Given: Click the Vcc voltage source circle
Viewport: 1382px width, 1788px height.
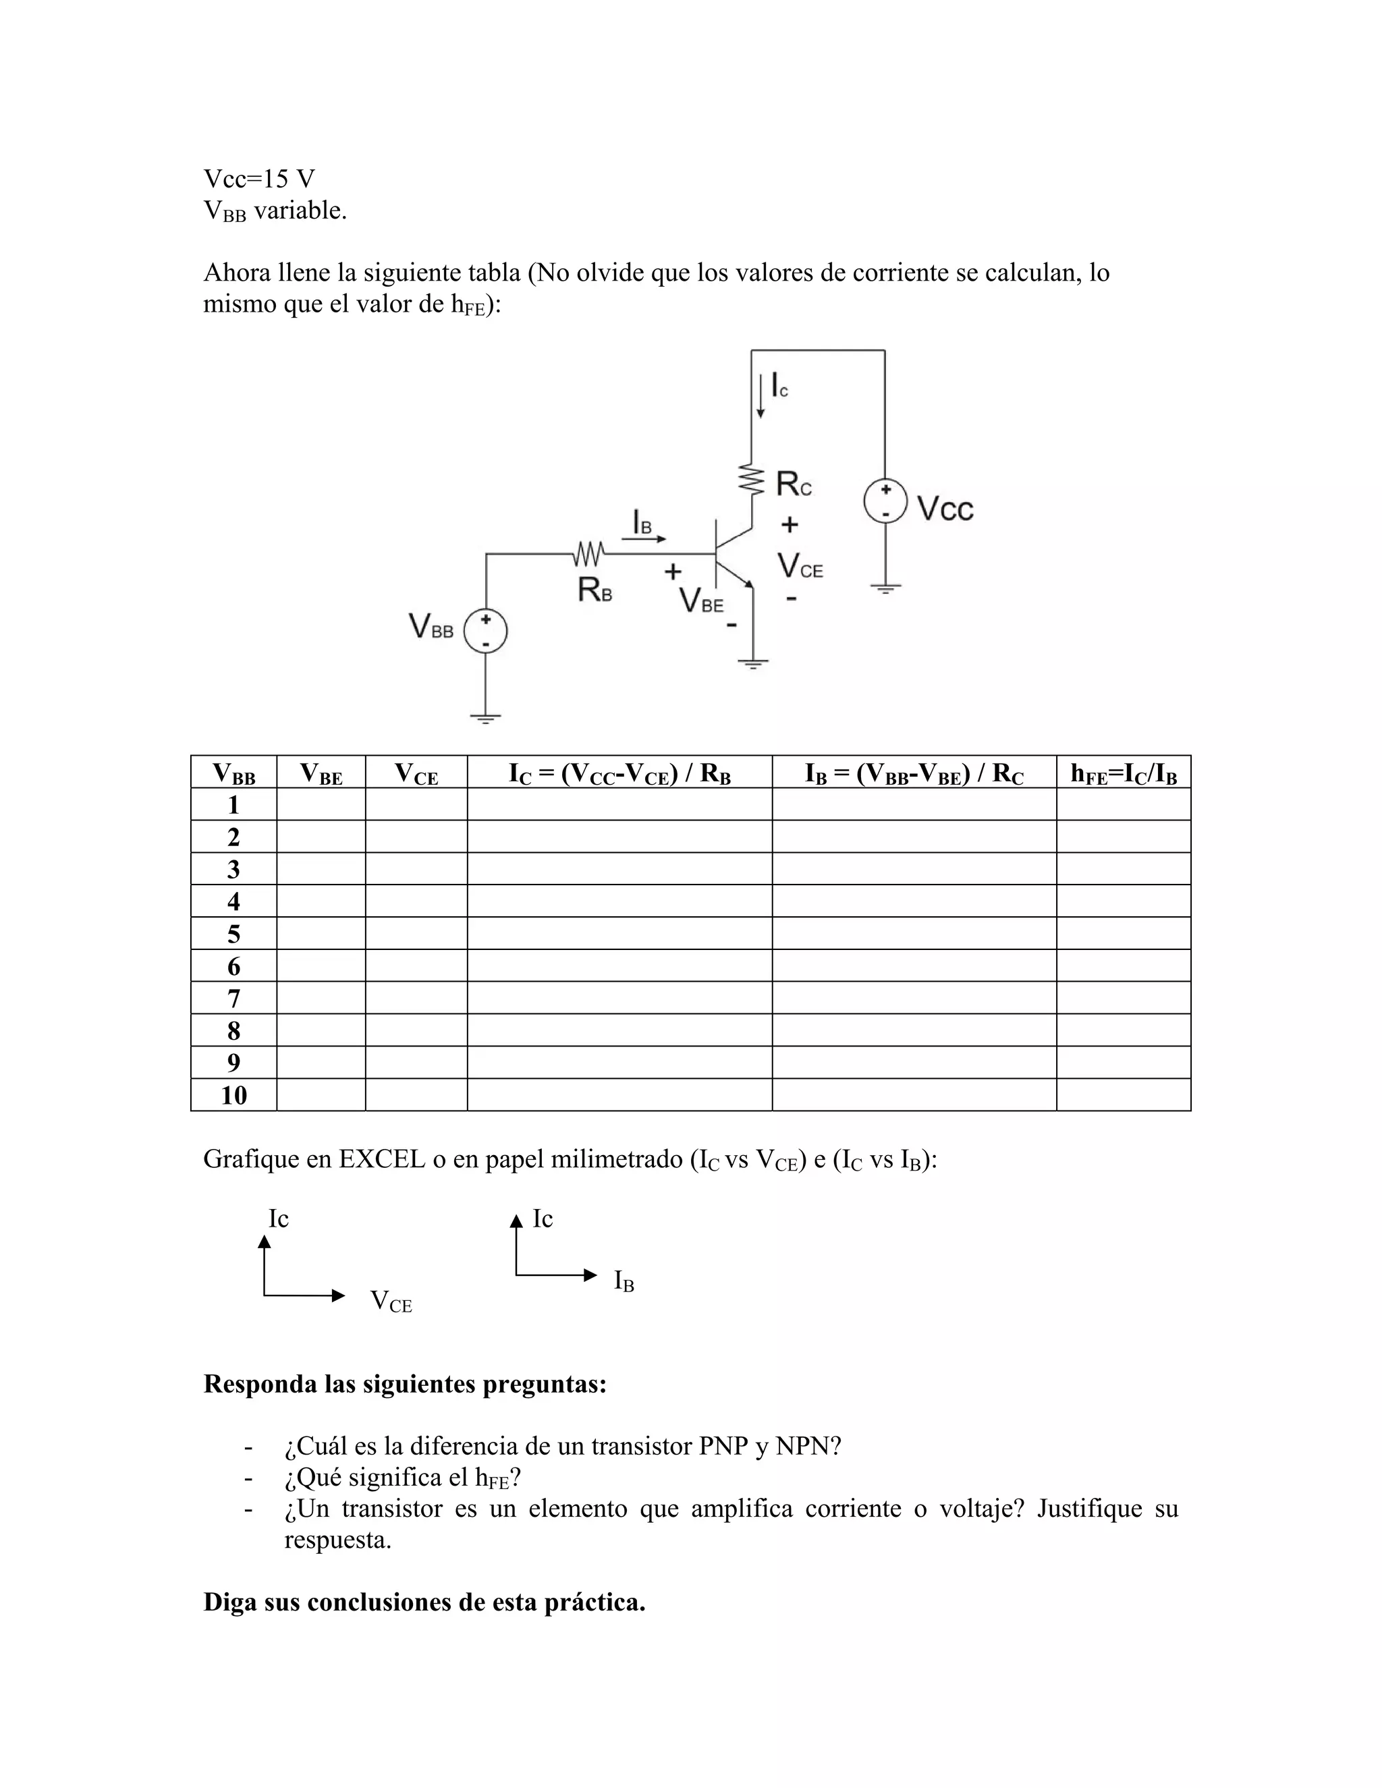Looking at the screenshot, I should point(885,501).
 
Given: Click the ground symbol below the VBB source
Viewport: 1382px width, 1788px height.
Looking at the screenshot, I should point(485,719).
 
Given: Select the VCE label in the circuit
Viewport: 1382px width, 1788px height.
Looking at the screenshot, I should point(799,565).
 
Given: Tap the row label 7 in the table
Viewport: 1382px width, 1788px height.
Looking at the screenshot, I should point(233,999).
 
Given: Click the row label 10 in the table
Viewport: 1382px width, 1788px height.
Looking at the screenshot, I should point(233,1095).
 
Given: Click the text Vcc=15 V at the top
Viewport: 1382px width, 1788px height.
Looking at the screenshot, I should point(258,179).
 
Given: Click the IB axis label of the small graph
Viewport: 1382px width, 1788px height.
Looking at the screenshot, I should point(624,1281).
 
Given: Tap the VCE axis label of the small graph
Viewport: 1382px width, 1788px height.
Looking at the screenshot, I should point(391,1301).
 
